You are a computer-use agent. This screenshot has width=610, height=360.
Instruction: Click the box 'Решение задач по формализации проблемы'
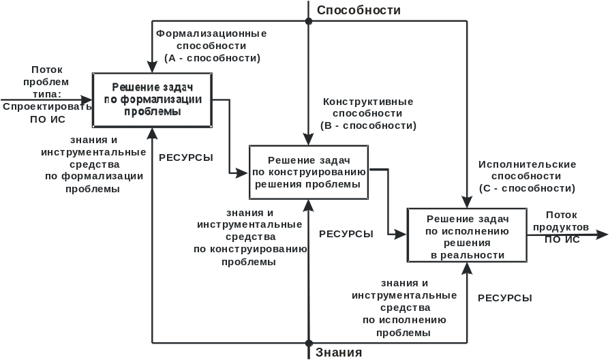(152, 100)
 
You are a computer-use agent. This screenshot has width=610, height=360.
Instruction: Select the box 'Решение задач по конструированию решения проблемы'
(309, 172)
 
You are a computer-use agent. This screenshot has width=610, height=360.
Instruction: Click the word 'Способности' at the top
(359, 10)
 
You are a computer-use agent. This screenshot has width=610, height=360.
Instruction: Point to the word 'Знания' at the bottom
(339, 352)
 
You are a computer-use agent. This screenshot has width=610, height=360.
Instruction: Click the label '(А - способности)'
(212, 59)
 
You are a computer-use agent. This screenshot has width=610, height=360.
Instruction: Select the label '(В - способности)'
(368, 126)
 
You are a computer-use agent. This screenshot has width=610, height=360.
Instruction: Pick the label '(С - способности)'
(527, 188)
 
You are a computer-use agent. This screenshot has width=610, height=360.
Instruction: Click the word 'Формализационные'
(212, 33)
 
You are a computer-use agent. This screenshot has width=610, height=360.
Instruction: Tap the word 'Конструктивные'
(368, 102)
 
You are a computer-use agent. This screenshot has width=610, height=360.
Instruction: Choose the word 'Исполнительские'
(527, 164)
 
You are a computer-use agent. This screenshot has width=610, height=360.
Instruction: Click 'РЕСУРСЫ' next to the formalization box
(185, 157)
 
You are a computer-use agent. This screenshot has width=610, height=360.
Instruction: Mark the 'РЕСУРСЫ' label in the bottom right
(505, 298)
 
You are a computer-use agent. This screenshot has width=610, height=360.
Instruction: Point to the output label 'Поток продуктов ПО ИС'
(566, 227)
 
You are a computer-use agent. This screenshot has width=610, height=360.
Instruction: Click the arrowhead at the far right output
(602, 235)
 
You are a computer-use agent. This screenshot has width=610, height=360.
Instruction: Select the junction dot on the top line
(309, 21)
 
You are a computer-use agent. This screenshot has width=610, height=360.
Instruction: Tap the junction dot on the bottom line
(309, 343)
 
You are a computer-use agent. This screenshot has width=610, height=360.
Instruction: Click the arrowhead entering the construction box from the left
(243, 172)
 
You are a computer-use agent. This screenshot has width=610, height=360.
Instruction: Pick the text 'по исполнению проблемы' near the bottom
(405, 326)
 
